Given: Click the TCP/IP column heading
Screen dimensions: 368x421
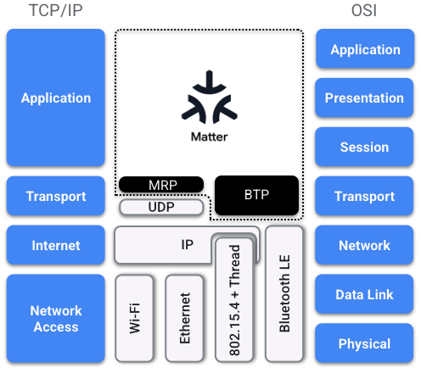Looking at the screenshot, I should point(55,11).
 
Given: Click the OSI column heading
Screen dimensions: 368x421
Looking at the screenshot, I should point(364,11).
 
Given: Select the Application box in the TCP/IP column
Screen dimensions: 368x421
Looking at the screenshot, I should point(55,98).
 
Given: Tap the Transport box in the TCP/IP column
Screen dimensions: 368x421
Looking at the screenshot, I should point(55,196).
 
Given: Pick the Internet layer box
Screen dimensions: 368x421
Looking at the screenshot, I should point(55,245).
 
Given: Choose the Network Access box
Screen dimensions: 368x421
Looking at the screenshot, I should point(55,318).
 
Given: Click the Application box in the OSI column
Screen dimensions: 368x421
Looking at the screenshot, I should point(365,49).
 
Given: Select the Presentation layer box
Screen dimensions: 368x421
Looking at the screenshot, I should point(365,98).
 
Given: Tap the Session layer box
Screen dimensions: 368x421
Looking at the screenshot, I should point(365,147).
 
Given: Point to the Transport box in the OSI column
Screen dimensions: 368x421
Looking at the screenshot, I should point(365,196).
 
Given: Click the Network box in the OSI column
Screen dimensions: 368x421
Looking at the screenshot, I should point(365,245).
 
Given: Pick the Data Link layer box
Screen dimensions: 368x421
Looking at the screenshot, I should point(365,294).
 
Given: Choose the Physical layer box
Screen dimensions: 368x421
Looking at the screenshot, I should point(365,343).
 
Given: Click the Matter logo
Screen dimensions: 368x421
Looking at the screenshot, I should point(208,106).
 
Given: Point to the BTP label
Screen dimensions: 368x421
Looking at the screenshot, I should point(257,195).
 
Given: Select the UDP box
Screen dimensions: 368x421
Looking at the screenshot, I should point(161,207).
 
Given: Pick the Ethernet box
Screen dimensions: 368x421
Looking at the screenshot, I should point(185,319).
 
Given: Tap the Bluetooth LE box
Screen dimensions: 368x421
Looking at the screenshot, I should point(284,293).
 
